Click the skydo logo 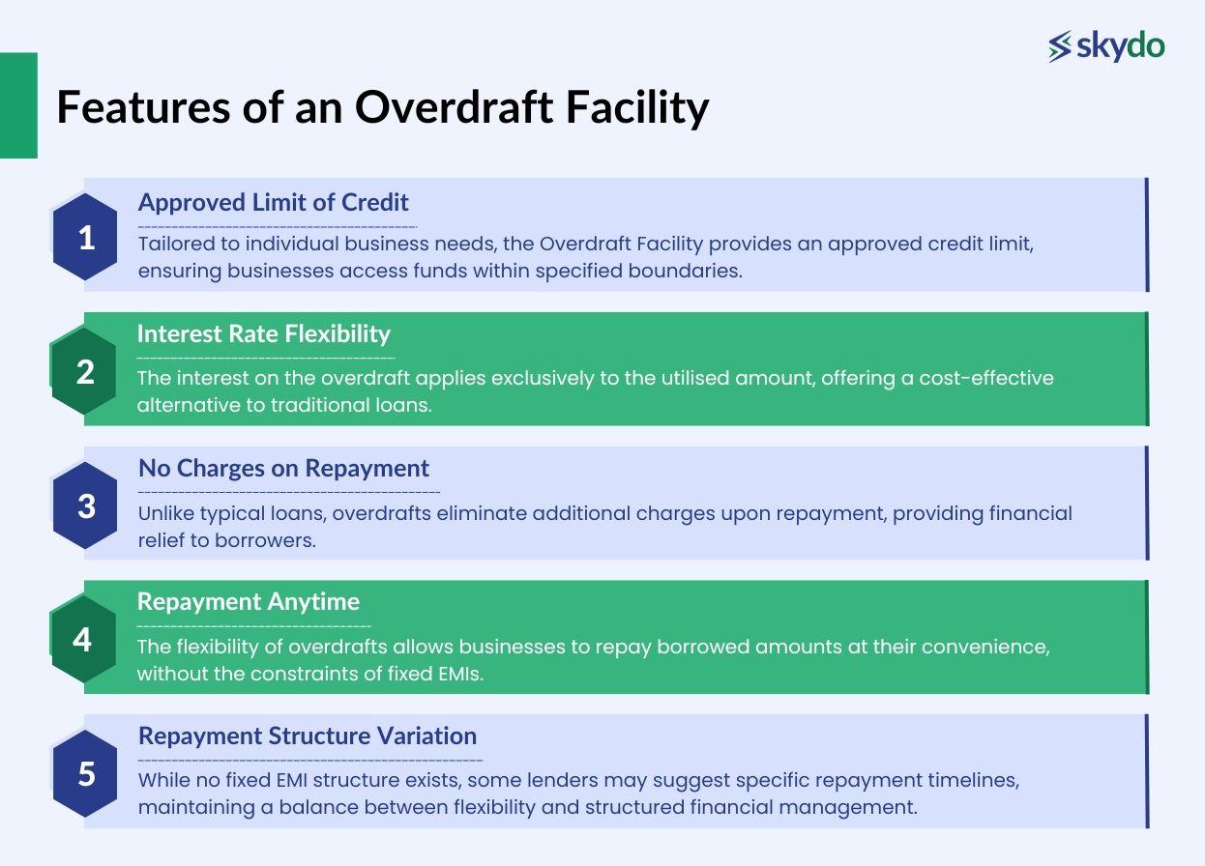1106,46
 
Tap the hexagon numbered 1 86,237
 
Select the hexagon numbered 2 85,371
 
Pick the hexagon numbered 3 86,505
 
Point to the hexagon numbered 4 83,639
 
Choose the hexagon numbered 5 86,773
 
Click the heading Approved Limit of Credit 273,202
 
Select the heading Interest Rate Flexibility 263,333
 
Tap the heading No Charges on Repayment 283,468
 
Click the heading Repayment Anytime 248,601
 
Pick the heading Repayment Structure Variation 307,736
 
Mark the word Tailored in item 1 172,245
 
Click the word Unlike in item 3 167,513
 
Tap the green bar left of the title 18,105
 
